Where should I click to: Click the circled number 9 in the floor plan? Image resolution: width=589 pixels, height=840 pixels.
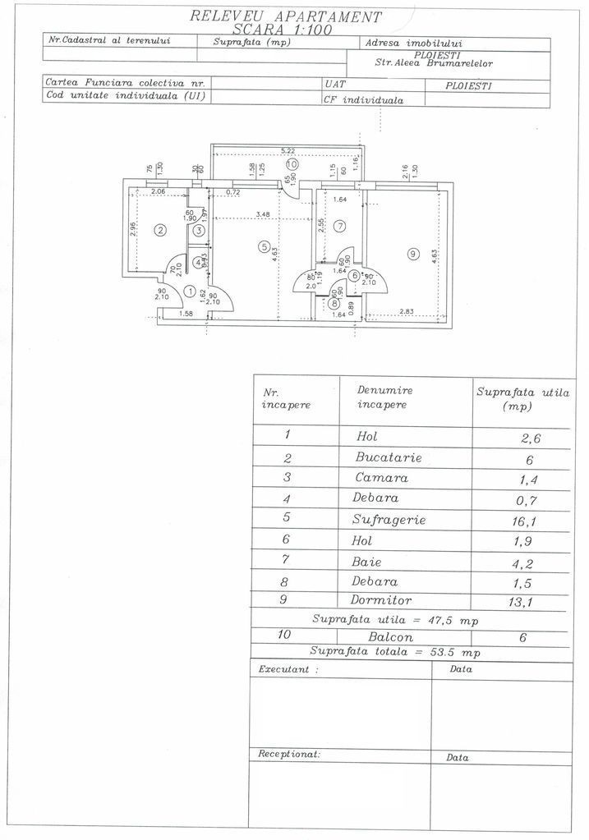[x=412, y=255]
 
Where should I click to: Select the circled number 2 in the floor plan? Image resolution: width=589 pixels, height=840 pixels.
[x=161, y=230]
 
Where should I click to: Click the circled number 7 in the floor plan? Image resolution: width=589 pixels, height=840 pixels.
[x=340, y=226]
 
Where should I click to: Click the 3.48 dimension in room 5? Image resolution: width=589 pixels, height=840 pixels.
[x=263, y=215]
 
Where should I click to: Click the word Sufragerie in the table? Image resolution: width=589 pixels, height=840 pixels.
[x=389, y=520]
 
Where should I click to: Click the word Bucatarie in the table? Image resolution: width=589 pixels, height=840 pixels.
[x=388, y=457]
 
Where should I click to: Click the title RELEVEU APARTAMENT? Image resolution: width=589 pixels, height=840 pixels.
[x=285, y=15]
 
